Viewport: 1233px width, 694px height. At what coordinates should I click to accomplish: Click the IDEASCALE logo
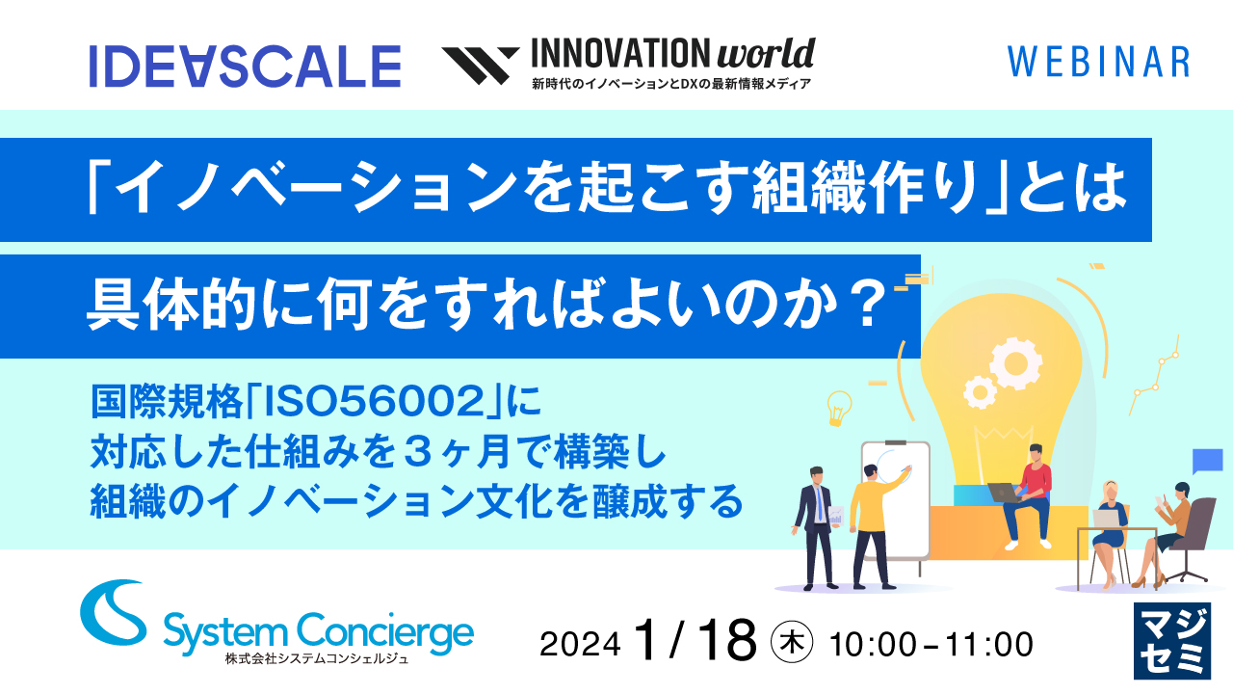245,67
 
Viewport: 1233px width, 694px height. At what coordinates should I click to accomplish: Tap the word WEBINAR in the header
1098,62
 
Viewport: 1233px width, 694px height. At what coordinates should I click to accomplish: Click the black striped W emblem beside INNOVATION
480,66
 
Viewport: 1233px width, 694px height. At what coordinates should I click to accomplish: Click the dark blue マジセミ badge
1171,641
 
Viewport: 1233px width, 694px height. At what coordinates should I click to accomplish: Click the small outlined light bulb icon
839,406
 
